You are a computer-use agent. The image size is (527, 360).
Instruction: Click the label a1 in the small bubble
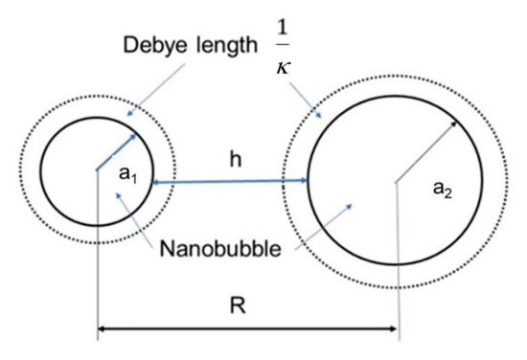click(126, 176)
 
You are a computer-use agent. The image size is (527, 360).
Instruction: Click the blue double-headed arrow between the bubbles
click(229, 180)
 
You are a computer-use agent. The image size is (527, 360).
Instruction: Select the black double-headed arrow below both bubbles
click(247, 333)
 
